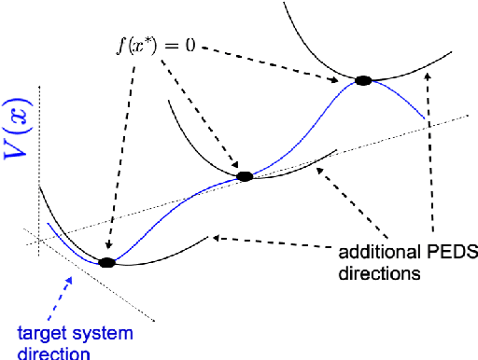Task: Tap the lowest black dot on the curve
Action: [x=106, y=263]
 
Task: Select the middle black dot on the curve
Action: [x=245, y=175]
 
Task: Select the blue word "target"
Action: [x=37, y=333]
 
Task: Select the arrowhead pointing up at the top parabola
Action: [x=427, y=80]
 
